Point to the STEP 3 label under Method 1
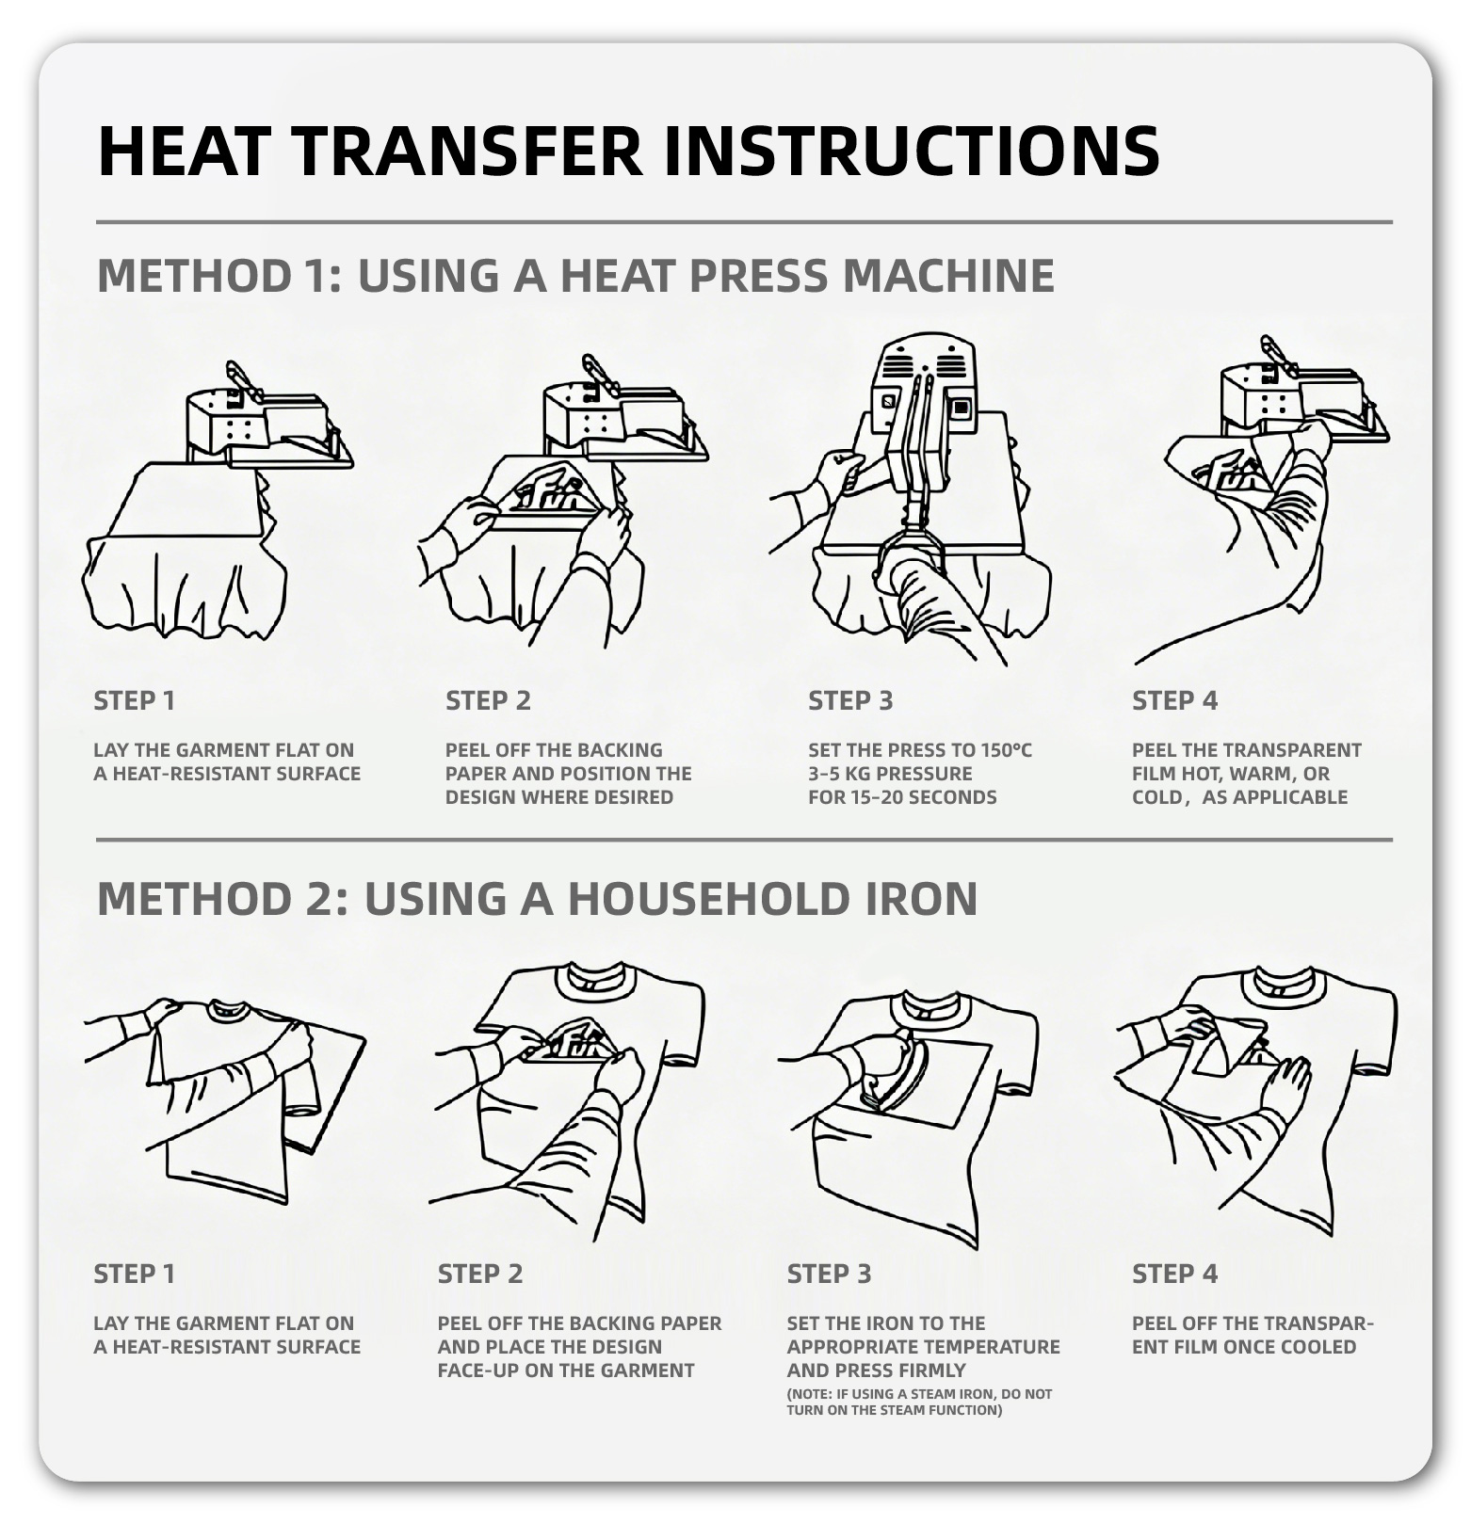pos(850,700)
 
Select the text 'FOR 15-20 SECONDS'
pos(901,797)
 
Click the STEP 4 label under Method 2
pos(1174,1274)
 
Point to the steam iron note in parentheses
pos(919,1402)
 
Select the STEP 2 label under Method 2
pos(479,1274)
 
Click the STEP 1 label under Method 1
pos(134,700)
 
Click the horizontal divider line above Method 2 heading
pos(744,839)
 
